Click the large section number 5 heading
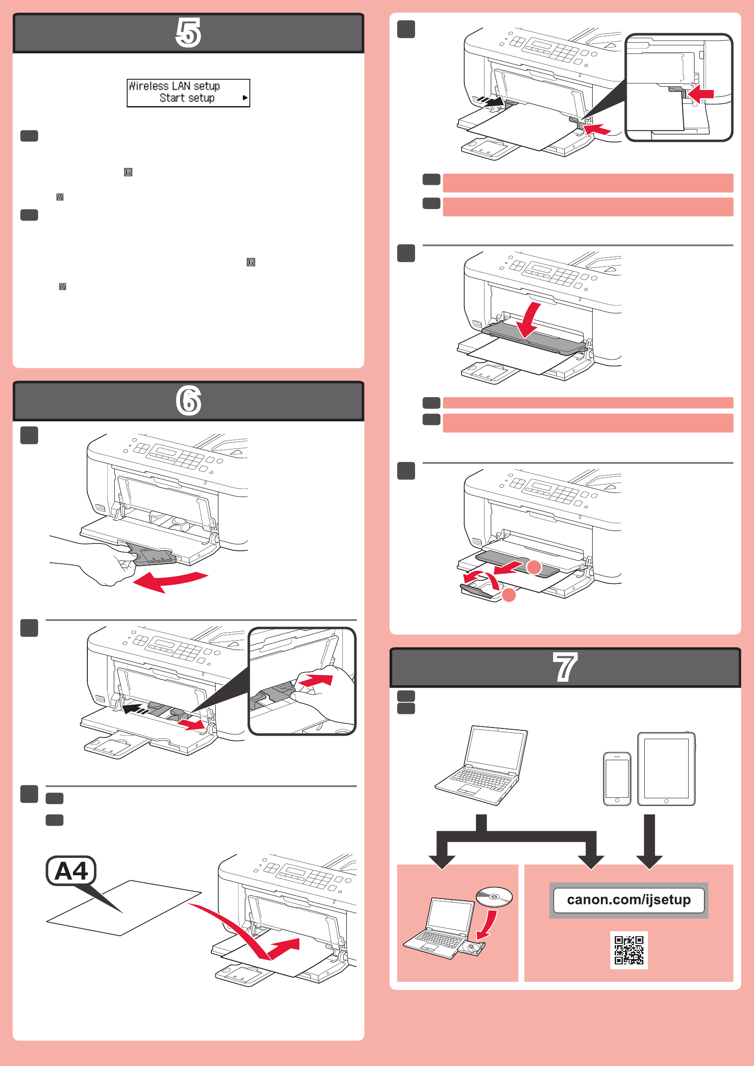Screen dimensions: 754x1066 tap(188, 33)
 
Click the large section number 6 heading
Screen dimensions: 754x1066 tap(188, 401)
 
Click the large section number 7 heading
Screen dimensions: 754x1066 tap(565, 667)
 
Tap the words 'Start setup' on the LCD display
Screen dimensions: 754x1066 tap(187, 98)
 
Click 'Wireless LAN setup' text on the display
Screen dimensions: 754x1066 tap(174, 86)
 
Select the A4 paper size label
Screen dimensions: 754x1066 tap(71, 870)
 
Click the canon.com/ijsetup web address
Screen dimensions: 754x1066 tap(629, 900)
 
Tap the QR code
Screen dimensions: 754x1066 tap(629, 950)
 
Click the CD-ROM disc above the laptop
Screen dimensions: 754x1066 tap(494, 896)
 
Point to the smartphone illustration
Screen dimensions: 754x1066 tap(617, 779)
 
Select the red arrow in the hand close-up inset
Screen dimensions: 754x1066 tap(316, 681)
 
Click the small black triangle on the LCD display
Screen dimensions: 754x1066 tap(244, 98)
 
